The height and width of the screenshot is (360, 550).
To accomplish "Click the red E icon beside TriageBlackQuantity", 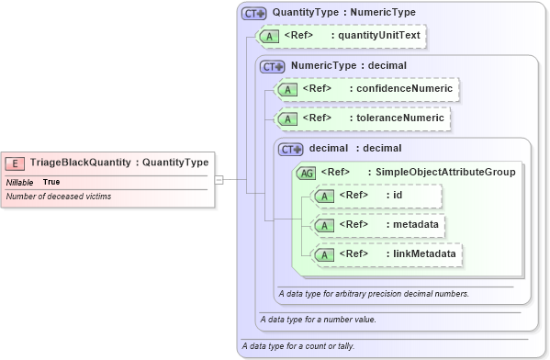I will pyautogui.click(x=16, y=163).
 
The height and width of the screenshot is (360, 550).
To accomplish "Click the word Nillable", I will pyautogui.click(x=20, y=182).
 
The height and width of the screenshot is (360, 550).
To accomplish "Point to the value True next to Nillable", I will pyautogui.click(x=51, y=182).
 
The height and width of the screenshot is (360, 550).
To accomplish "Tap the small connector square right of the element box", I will pyautogui.click(x=219, y=179).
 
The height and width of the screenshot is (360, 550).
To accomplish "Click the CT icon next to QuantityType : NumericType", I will pyautogui.click(x=254, y=13).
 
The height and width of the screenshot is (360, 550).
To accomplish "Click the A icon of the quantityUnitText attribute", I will pyautogui.click(x=270, y=36).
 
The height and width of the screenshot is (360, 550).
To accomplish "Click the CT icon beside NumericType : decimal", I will pyautogui.click(x=273, y=66).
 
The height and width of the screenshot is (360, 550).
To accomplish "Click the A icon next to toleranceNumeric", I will pyautogui.click(x=288, y=118).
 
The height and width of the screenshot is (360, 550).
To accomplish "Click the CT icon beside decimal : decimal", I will pyautogui.click(x=291, y=149).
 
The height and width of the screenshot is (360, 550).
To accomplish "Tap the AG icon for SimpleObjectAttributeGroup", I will pyautogui.click(x=306, y=172).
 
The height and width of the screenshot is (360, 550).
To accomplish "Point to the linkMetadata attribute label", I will pyautogui.click(x=421, y=253).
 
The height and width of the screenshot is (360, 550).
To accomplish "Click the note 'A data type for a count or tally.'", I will pyautogui.click(x=297, y=346).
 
